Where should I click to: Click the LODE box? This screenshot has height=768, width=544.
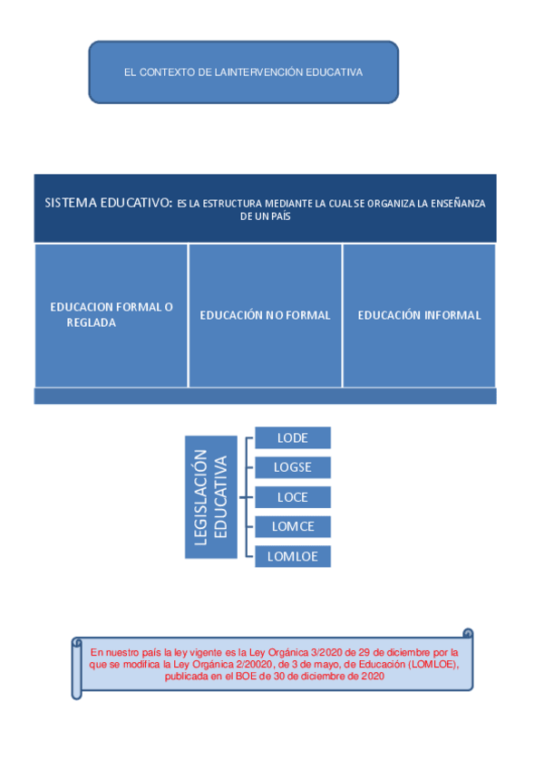point(292,438)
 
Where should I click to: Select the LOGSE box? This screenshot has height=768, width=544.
point(292,467)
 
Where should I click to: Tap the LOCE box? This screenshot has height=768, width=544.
point(292,497)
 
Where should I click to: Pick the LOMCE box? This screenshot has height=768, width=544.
point(292,526)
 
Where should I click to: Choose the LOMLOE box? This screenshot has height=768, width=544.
point(292,556)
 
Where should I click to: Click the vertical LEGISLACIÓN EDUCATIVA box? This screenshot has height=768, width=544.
point(211,497)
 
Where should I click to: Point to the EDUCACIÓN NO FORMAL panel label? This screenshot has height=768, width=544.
point(265,315)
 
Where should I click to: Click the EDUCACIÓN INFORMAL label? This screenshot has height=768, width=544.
point(419,315)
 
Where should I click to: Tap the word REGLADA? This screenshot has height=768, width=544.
point(92,322)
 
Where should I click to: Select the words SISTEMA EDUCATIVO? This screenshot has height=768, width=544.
point(106,203)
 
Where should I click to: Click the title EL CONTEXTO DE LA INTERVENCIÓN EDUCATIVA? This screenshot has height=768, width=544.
point(243,72)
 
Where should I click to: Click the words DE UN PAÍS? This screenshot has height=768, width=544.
point(265,217)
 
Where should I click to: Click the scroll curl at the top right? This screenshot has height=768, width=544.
point(468,634)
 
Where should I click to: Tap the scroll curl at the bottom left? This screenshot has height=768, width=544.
point(77,693)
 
